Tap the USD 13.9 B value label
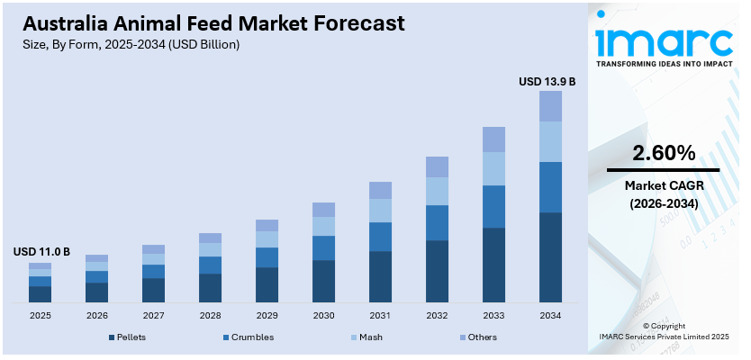[547, 82]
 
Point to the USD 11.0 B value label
[41, 252]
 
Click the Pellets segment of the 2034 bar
[550, 256]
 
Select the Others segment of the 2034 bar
[550, 106]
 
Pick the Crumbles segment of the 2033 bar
[493, 206]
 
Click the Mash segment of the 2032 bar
[437, 191]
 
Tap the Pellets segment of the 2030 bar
[323, 281]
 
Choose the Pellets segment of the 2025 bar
[40, 293]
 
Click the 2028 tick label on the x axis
[210, 316]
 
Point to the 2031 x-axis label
[380, 316]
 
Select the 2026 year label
[96, 316]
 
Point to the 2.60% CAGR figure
[664, 152]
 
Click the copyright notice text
[664, 331]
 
